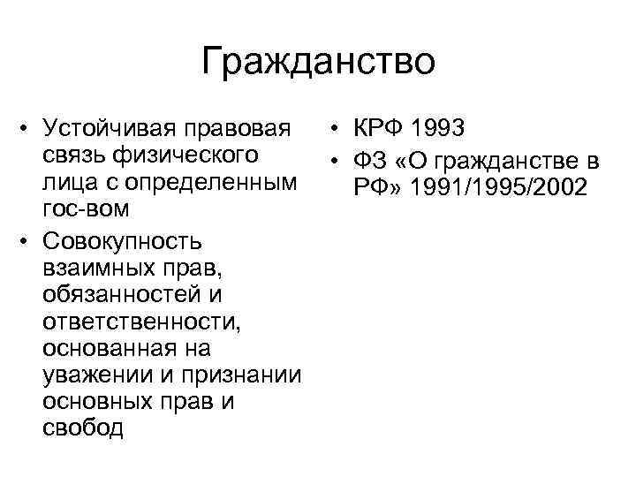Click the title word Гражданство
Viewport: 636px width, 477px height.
318,63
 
